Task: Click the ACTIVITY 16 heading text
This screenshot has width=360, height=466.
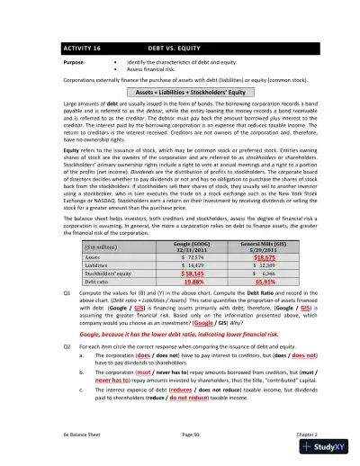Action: tap(81, 47)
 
